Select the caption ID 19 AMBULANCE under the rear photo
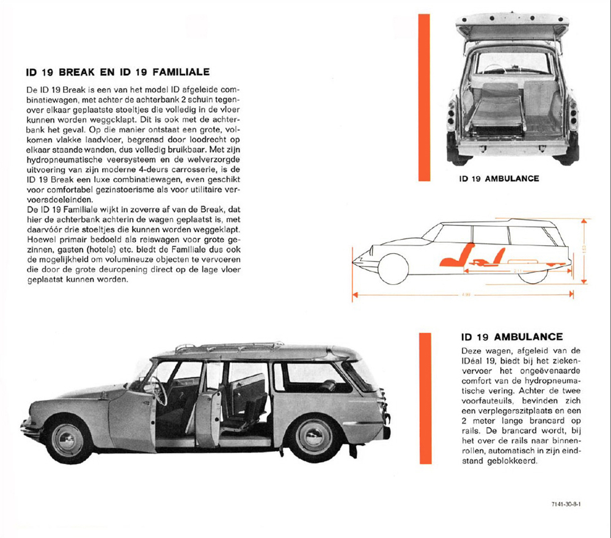point(499,179)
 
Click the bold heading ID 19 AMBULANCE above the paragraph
point(511,337)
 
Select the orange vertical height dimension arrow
point(585,251)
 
